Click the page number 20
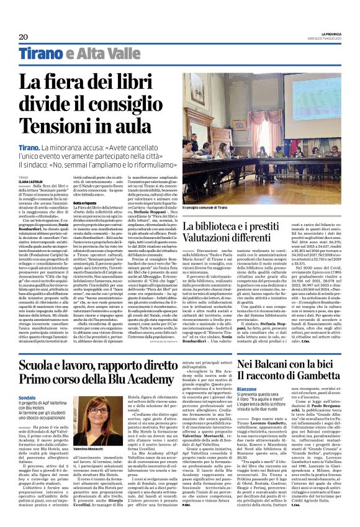(x=23, y=37)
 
